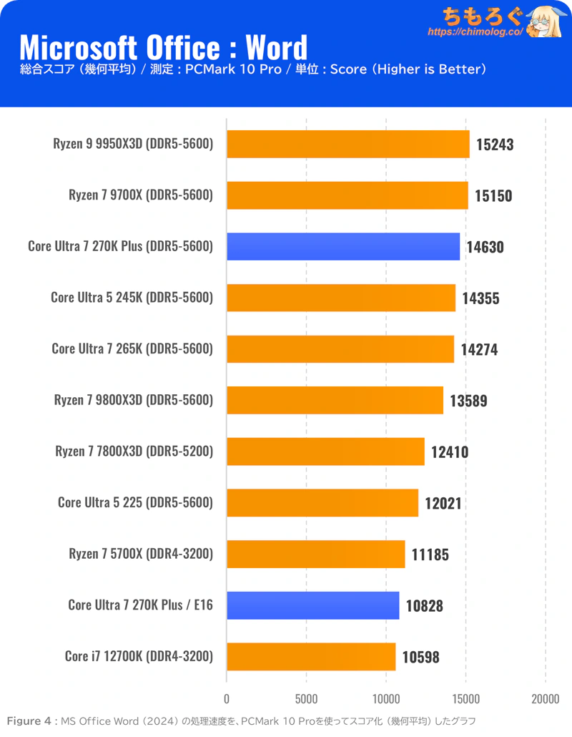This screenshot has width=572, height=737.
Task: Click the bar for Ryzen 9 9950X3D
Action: [348, 144]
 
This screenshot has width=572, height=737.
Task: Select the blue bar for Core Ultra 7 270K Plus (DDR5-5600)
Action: [343, 247]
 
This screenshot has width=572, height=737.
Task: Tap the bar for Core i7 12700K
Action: [311, 656]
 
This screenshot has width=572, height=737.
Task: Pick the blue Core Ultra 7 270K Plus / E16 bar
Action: [313, 605]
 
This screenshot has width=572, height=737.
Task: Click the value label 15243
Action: [494, 145]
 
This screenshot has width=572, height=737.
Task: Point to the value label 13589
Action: [468, 401]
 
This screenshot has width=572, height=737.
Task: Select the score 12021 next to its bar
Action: [443, 503]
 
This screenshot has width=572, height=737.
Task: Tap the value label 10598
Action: [420, 657]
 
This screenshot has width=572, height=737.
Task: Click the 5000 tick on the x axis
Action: [306, 698]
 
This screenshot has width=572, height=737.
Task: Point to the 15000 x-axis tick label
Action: [466, 698]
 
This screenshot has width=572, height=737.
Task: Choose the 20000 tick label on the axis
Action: [546, 698]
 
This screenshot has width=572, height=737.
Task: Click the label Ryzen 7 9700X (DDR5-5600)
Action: [141, 195]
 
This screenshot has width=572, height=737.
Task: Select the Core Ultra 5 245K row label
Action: [132, 297]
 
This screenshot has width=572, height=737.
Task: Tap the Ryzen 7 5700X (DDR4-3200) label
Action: [141, 553]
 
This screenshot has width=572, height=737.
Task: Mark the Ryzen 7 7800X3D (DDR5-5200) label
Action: [134, 451]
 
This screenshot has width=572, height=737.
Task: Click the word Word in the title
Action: [277, 48]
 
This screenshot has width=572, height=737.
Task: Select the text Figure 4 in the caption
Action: [26, 721]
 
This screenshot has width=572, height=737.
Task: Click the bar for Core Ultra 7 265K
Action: [340, 349]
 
